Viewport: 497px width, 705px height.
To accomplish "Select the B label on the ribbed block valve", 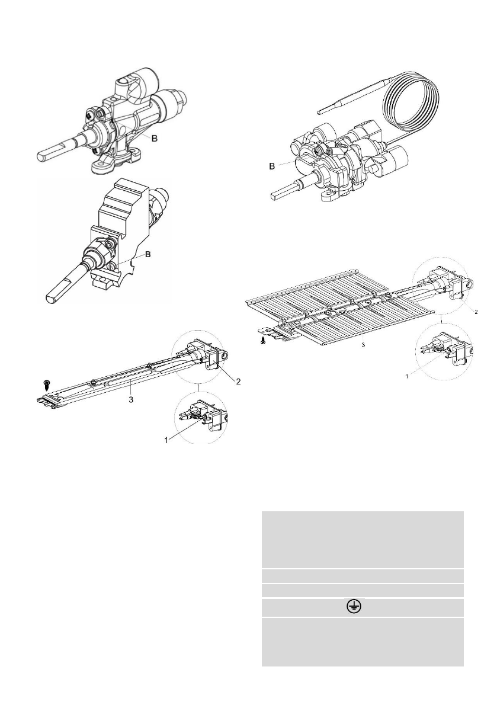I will pos(149,255).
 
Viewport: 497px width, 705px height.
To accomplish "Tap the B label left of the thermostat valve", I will pos(271,167).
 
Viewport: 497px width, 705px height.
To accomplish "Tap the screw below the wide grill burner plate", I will pos(263,341).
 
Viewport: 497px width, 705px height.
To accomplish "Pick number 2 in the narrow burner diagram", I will pos(238,382).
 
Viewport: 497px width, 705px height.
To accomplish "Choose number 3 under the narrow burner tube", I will pos(131,400).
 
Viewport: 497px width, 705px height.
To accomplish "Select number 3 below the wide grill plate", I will pos(354,343).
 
